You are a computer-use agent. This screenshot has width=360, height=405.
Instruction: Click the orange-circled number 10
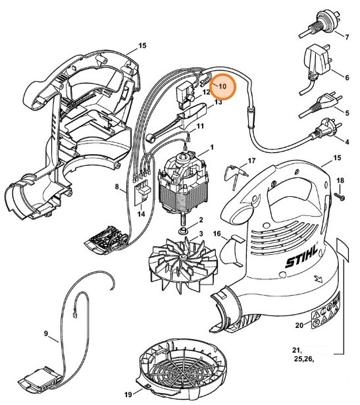222,86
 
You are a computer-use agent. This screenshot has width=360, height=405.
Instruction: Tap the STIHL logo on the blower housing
301,256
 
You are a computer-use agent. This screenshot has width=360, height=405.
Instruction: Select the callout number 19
128,394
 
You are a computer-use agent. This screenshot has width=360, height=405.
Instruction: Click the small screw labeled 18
340,196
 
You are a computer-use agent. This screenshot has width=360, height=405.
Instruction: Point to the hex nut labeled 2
184,230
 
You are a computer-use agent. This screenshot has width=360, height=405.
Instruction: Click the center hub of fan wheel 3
183,257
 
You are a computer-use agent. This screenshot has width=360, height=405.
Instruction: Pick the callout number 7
347,37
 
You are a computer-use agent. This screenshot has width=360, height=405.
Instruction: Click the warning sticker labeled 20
325,310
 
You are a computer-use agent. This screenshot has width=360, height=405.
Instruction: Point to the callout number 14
141,214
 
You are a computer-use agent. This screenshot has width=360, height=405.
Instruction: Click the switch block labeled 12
186,95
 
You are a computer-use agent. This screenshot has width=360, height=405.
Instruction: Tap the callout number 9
46,334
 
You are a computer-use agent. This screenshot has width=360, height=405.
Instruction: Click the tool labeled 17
236,175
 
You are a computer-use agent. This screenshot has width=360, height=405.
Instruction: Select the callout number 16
217,234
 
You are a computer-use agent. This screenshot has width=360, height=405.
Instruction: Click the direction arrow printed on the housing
319,279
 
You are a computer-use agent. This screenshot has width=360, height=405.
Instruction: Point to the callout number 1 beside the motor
212,148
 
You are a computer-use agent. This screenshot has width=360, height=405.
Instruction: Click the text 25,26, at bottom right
304,359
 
